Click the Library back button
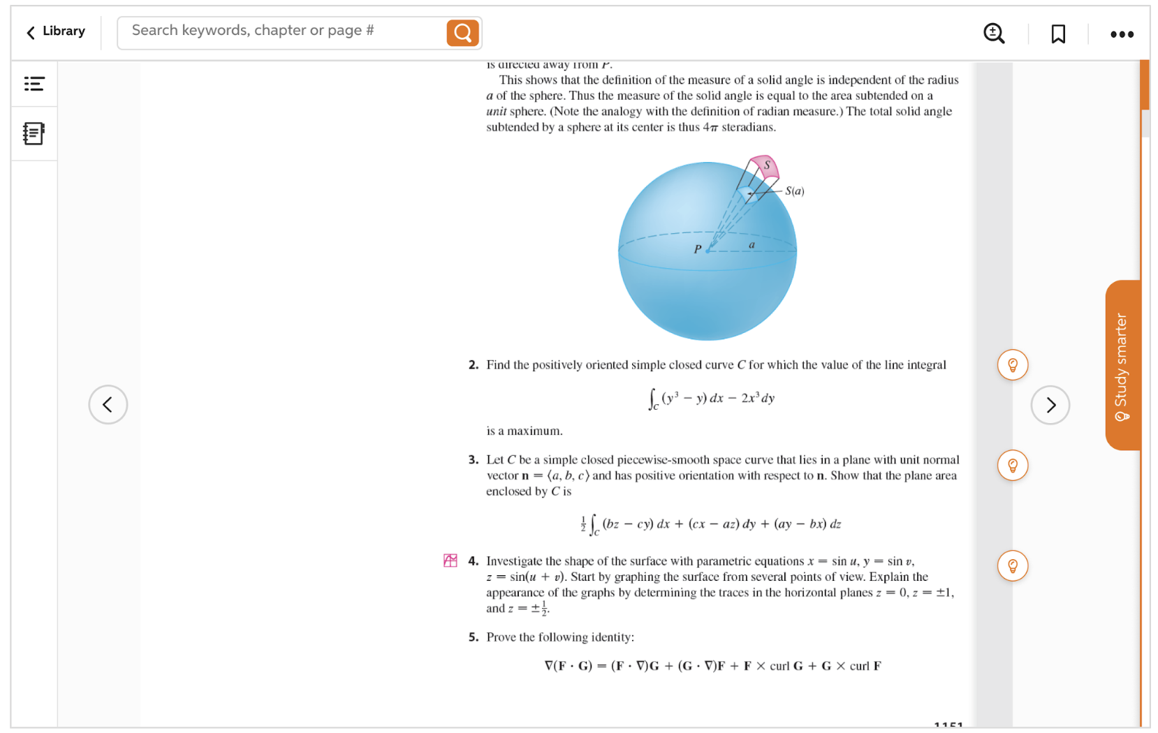(56, 31)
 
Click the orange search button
(462, 33)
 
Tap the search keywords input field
(279, 31)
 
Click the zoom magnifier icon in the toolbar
(993, 33)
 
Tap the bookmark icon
(1058, 34)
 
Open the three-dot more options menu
(1122, 34)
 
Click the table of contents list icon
(34, 84)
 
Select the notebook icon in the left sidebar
(34, 133)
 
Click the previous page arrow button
(108, 404)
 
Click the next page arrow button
(1050, 405)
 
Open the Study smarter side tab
(1122, 365)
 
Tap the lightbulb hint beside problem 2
(1012, 365)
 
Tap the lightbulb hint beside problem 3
(1012, 466)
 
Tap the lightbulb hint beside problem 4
(1012, 565)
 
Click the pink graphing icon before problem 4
(450, 561)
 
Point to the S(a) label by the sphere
(795, 191)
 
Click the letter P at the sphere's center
(697, 249)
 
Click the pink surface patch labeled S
(765, 166)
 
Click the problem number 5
(473, 637)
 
